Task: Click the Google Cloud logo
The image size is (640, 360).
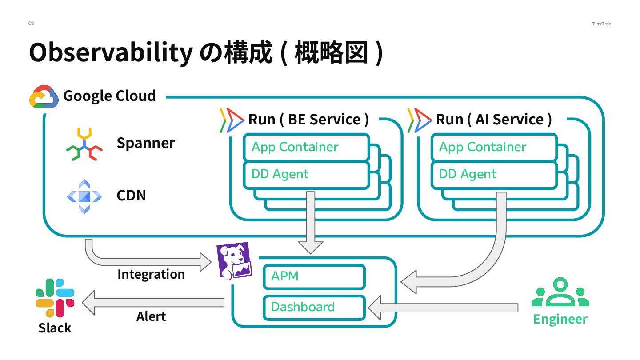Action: point(44,96)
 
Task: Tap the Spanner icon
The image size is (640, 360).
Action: point(84,144)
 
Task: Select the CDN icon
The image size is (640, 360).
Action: point(84,196)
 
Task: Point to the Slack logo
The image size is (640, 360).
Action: point(55,298)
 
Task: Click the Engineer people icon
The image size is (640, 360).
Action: point(560,293)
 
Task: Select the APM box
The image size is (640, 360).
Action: point(314,276)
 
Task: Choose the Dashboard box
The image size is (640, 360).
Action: point(314,307)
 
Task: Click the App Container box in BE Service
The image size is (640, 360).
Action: point(306,147)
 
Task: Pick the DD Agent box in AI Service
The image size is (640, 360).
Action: point(494,174)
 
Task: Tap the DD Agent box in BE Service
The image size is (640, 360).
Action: point(306,174)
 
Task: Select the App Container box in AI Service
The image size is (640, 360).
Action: point(494,147)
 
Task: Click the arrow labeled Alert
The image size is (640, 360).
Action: point(153,303)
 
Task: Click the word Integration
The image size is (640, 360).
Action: point(151,274)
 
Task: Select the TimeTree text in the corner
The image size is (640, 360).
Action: point(601,24)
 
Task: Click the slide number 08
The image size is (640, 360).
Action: point(31,23)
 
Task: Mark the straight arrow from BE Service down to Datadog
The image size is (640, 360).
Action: point(310,222)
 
